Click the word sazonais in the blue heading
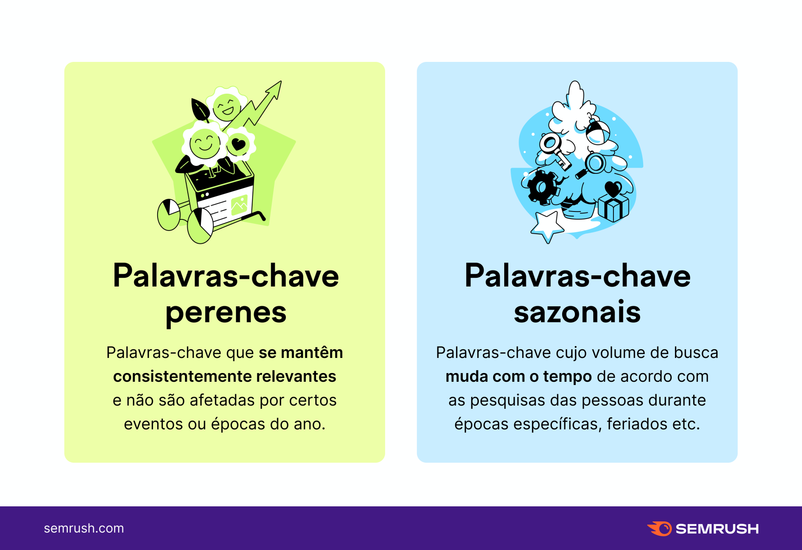[577, 312]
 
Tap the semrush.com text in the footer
[84, 528]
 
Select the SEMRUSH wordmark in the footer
[717, 529]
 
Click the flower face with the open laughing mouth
[227, 106]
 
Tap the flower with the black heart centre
[239, 144]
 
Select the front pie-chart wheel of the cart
[200, 226]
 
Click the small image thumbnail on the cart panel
[239, 205]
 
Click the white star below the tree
[547, 226]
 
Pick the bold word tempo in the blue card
[567, 376]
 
